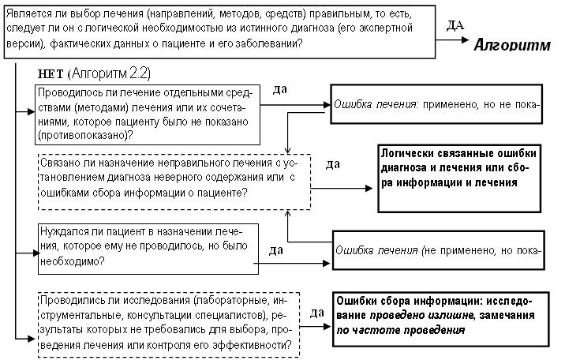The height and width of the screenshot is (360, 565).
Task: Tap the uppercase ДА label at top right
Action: pos(455,25)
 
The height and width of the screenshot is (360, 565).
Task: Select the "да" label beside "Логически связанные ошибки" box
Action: pos(333,164)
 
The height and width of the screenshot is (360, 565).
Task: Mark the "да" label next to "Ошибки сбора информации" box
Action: pos(316,313)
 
